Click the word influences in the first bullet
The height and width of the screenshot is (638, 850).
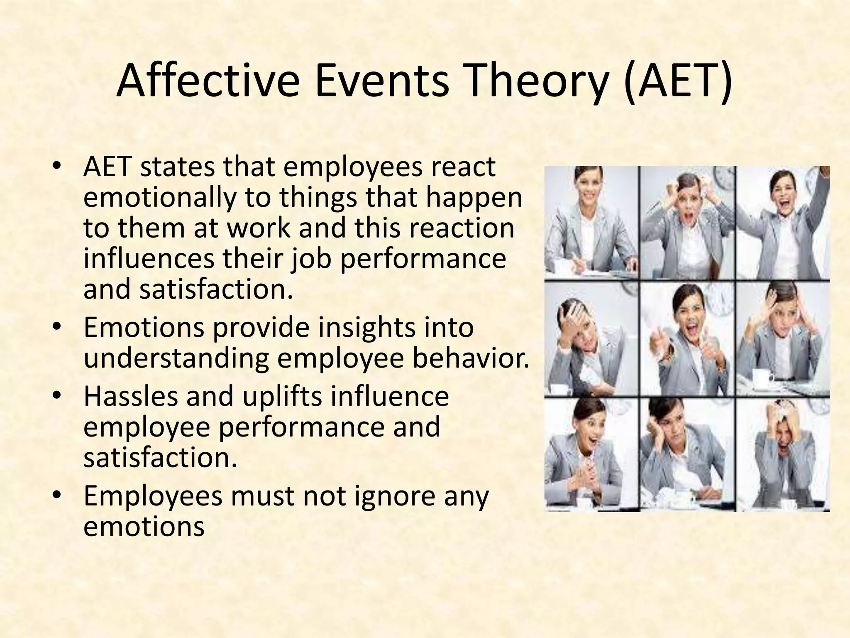pyautogui.click(x=149, y=259)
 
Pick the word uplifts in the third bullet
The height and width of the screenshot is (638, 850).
pyautogui.click(x=282, y=396)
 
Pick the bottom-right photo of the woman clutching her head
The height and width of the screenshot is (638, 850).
pyautogui.click(x=782, y=455)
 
